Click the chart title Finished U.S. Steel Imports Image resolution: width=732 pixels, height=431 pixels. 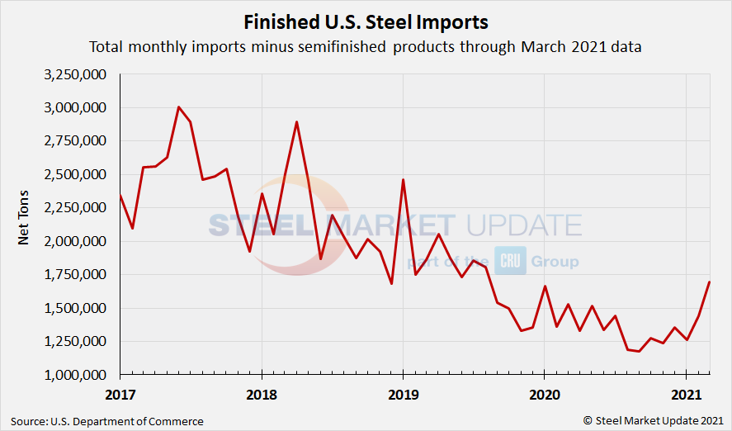(366, 21)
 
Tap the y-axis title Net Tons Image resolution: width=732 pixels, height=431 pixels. (24, 225)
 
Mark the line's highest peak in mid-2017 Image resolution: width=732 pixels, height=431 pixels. (179, 107)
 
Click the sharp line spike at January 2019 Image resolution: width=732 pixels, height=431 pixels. (403, 180)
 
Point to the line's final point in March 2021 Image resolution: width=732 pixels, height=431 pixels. (709, 282)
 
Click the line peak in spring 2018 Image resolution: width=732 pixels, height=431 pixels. (296, 122)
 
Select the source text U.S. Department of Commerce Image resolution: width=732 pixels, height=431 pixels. (107, 421)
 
